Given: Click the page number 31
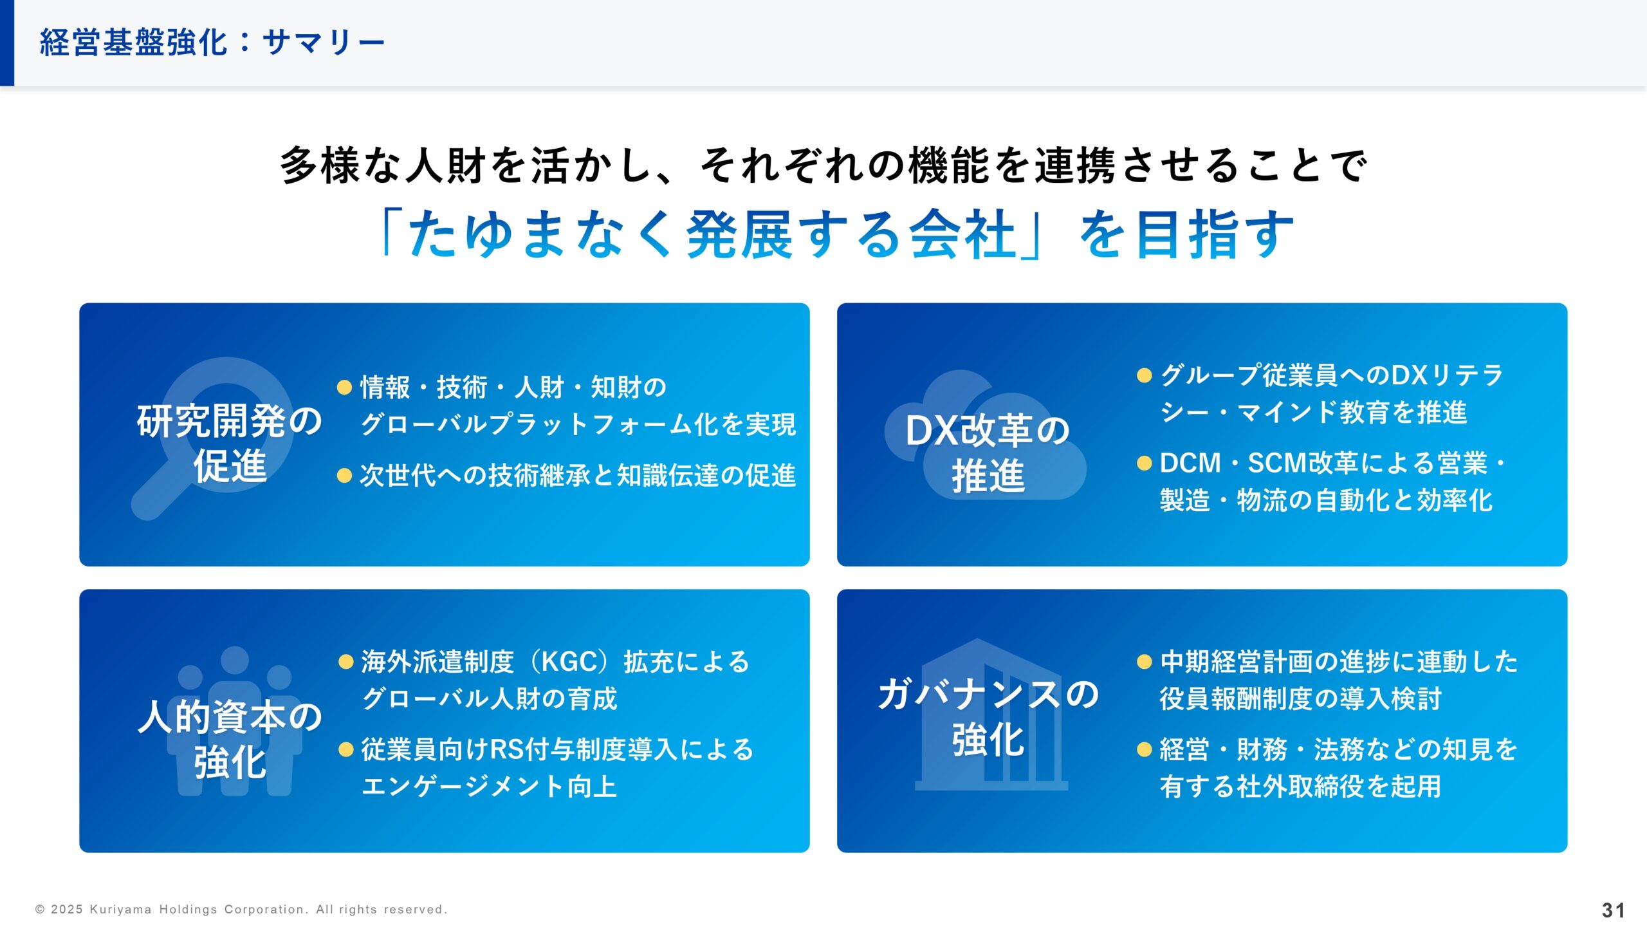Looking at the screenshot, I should point(1614,910).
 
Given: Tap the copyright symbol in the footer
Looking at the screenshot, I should point(40,910).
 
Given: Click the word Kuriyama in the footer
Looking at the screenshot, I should point(120,910).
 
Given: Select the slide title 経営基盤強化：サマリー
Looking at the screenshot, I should point(212,42).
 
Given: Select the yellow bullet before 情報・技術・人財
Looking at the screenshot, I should point(345,387).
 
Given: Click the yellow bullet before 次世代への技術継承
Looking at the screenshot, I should point(345,476).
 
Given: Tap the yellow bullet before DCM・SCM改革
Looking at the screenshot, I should point(1144,463).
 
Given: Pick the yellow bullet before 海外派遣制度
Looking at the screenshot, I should point(346,662).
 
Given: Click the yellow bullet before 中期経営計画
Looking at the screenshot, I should point(1144,662).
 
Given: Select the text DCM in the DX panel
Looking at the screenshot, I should point(1190,463).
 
